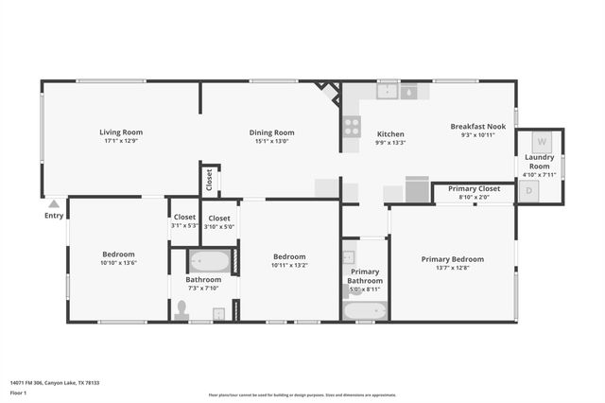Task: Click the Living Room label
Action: pos(121,132)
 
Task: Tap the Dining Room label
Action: pos(271,132)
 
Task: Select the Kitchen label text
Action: pos(390,134)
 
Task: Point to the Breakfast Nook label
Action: pos(477,127)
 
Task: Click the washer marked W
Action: pos(542,142)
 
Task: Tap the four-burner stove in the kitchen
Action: pos(352,126)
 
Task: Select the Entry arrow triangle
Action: pos(54,203)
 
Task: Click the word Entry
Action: pos(54,216)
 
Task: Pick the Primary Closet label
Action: pos(474,188)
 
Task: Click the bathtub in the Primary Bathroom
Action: pos(364,310)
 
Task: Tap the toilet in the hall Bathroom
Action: pos(182,309)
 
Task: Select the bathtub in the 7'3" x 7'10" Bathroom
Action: pos(209,262)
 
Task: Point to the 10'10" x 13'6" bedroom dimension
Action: pos(119,263)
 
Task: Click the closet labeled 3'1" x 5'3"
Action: pos(184,221)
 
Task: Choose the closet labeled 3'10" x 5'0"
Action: pos(218,221)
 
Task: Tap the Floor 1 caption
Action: pos(18,392)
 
